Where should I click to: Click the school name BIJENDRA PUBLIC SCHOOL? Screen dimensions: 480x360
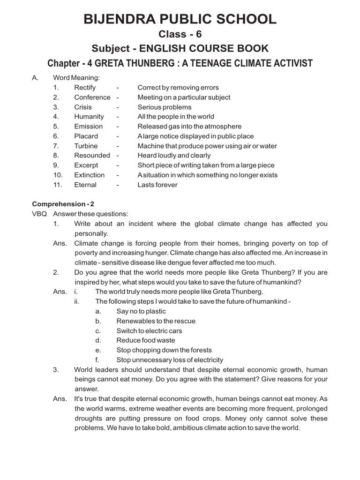[180, 19]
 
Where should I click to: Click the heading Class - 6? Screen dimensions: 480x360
[180, 34]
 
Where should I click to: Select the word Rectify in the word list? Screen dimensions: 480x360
[85, 88]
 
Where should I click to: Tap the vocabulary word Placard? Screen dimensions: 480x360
[86, 136]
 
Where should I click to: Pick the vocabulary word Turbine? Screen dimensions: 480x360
[86, 146]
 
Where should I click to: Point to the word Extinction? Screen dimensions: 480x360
[90, 175]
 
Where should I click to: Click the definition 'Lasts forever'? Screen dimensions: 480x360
[157, 185]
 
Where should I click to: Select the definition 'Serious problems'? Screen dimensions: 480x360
[165, 107]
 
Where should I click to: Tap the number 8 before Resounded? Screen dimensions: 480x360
[55, 155]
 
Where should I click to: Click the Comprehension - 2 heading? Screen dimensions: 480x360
[59, 204]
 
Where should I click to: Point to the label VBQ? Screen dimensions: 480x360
[39, 214]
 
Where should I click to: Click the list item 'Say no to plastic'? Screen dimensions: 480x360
[141, 311]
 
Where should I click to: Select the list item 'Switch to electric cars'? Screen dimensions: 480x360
[150, 330]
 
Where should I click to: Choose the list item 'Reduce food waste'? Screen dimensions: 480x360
[146, 340]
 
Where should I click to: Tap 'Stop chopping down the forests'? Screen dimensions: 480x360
[164, 350]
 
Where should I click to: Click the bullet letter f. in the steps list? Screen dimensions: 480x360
[97, 360]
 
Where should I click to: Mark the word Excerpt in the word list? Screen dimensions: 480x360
[86, 165]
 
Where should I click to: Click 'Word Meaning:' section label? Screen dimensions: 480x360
[76, 78]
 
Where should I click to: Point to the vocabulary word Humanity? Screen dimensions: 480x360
[89, 117]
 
